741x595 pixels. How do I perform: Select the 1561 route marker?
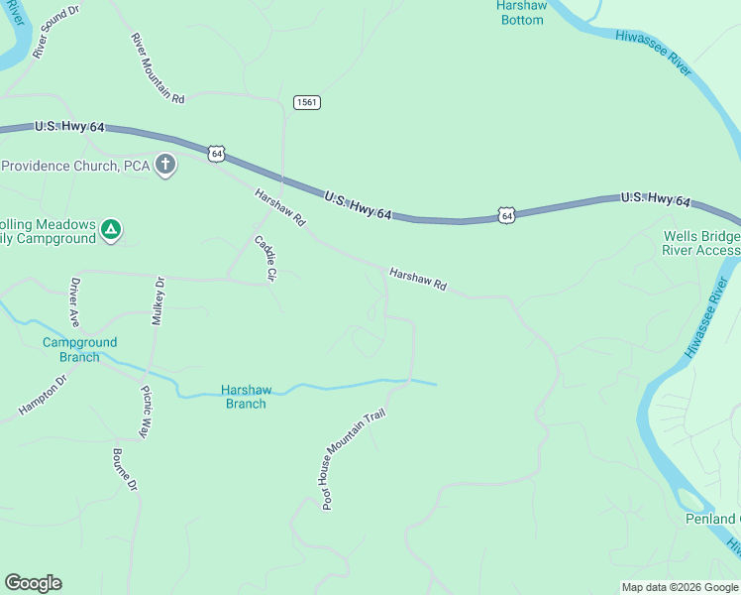307,102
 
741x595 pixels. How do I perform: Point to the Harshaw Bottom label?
521,12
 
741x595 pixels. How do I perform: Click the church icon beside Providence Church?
165,166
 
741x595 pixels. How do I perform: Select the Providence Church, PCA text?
75,166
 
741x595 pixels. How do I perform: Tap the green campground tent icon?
112,231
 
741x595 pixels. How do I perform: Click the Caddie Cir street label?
265,257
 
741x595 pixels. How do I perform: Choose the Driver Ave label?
73,301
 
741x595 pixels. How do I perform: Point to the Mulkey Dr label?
158,301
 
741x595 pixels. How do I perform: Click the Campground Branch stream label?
79,349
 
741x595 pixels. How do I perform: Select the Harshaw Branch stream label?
245,397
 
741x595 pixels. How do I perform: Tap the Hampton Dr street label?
42,395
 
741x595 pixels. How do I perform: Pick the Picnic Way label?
145,412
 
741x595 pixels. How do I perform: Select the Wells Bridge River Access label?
701,243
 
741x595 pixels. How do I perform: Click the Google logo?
33,583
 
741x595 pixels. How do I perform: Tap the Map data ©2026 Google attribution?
679,587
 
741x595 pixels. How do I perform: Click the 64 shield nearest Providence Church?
217,154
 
